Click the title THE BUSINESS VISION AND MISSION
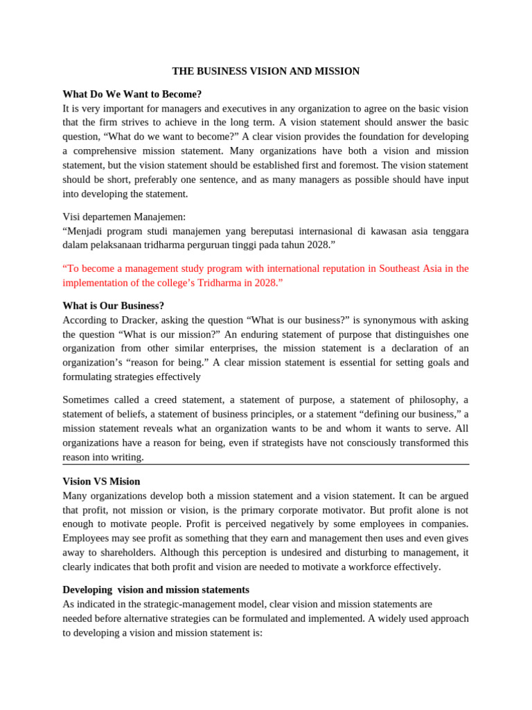(266, 71)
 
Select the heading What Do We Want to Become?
(132, 94)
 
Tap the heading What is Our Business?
(113, 306)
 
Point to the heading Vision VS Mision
(101, 481)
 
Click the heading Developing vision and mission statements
(156, 590)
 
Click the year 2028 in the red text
(265, 283)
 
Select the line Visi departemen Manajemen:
(124, 217)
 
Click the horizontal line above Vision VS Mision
(266, 465)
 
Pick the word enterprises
(232, 349)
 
